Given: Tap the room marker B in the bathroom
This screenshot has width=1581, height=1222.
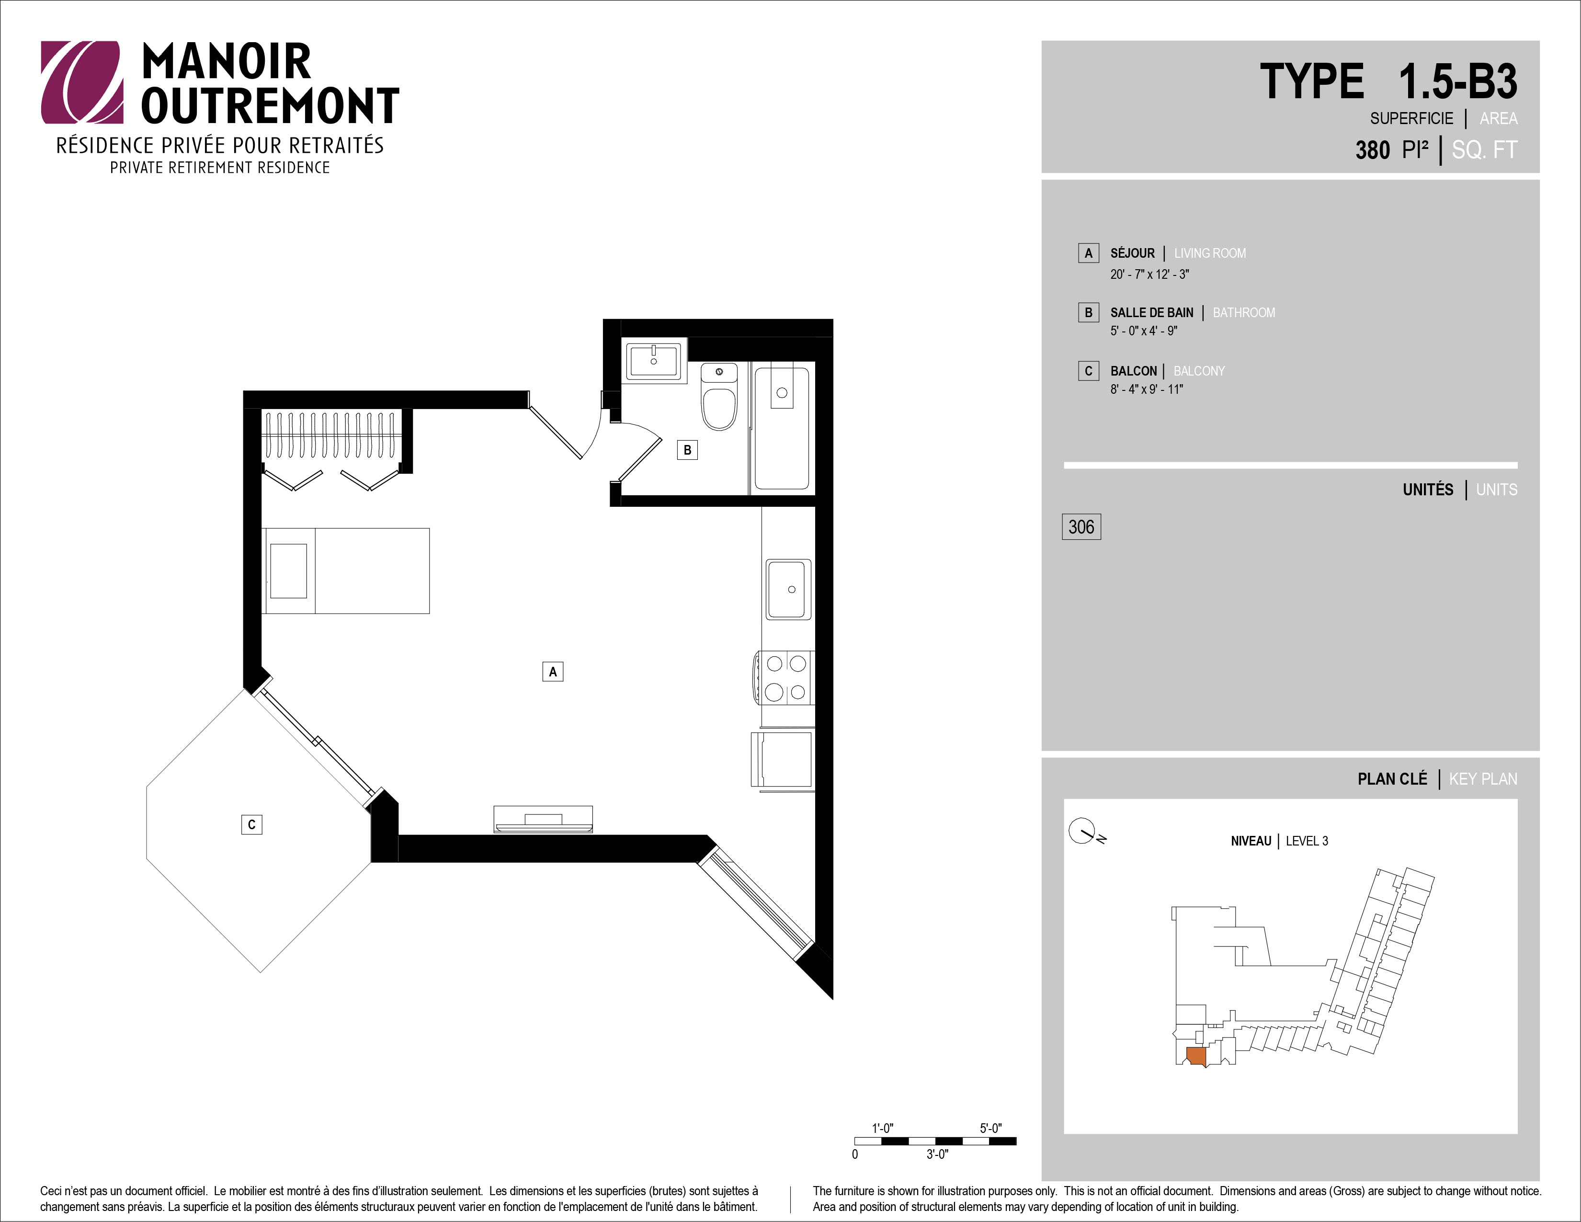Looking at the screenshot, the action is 687,449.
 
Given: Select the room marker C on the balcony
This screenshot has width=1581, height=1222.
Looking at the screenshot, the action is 251,824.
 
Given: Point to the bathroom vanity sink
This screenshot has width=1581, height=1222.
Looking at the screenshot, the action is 654,361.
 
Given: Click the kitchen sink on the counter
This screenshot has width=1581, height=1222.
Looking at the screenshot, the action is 789,589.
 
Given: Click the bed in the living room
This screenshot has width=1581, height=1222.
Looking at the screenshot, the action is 346,571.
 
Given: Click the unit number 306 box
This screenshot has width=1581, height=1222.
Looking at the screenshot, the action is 1081,526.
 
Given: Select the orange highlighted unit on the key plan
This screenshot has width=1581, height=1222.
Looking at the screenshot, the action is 1196,1056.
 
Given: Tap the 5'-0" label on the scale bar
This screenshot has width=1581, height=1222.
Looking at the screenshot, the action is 991,1128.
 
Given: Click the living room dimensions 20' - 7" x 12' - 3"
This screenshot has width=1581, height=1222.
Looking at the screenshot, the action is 1149,274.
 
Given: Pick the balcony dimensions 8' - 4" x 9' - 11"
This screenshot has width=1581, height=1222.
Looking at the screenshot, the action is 1147,389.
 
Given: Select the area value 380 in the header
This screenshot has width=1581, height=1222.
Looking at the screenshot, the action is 1373,150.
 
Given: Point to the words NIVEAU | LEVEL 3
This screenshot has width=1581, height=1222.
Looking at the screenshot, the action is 1279,841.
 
